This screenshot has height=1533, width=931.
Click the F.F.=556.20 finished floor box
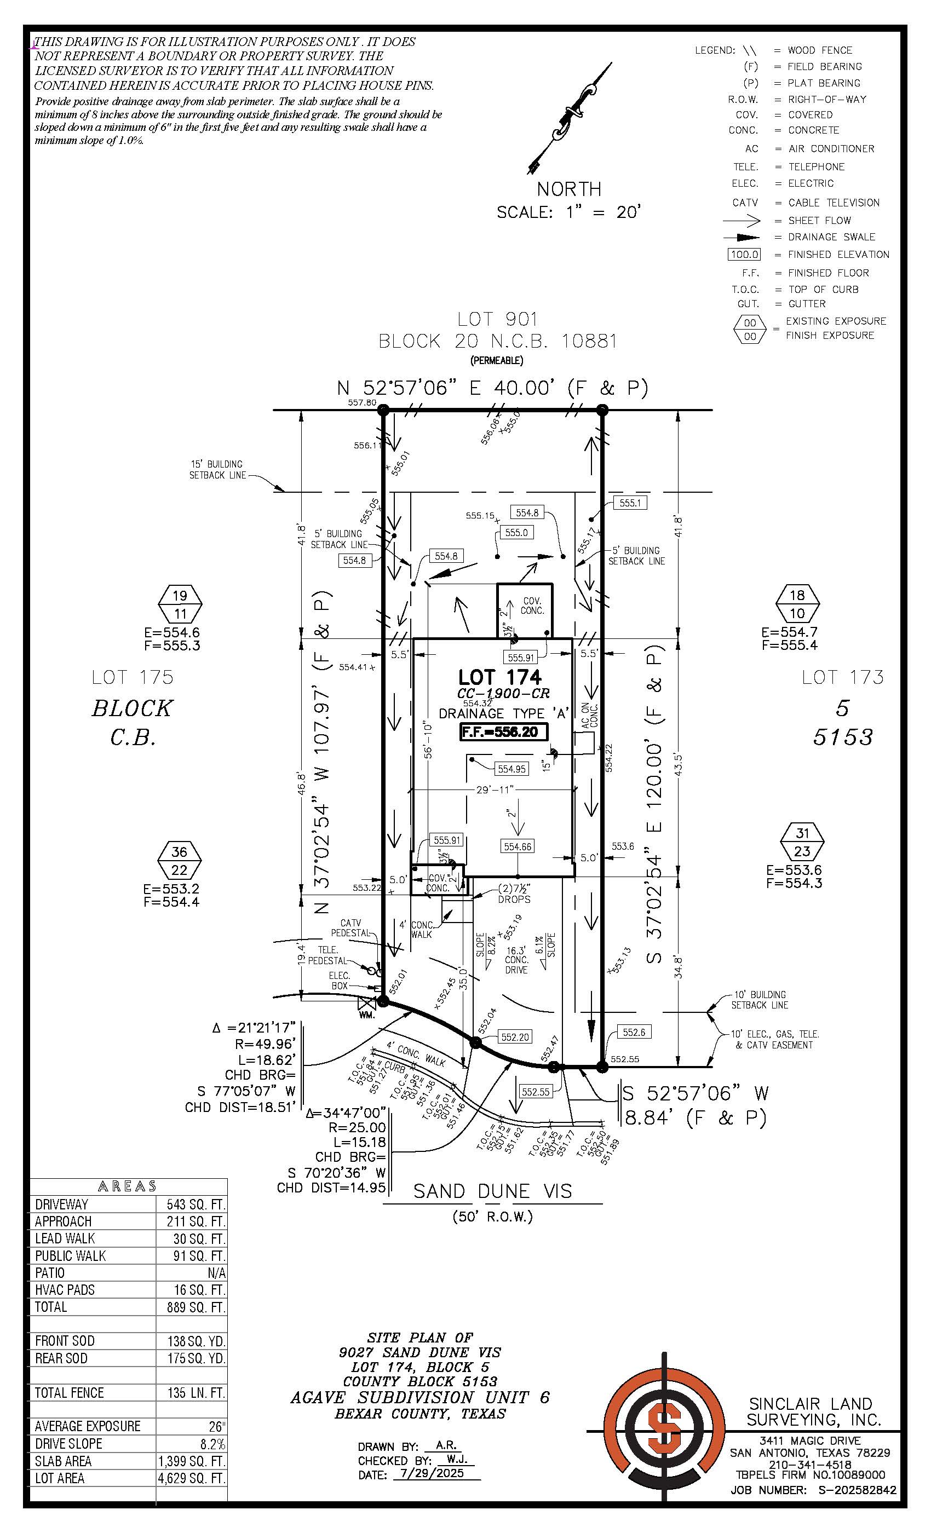click(x=503, y=731)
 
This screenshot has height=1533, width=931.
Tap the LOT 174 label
click(x=499, y=677)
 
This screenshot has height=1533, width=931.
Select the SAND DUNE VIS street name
click(x=492, y=1191)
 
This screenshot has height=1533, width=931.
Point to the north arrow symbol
click(x=569, y=119)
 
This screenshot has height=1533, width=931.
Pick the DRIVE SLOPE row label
click(x=68, y=1443)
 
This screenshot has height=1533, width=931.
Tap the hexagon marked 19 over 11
click(x=180, y=604)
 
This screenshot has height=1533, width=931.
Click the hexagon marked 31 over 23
click(x=802, y=842)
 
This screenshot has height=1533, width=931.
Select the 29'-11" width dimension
click(x=494, y=789)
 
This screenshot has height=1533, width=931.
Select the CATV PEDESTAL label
click(x=350, y=927)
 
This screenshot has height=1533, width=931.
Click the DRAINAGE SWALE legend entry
click(x=831, y=237)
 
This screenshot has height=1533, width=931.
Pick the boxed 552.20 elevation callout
click(x=515, y=1036)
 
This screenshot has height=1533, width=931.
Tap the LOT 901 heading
click(x=497, y=319)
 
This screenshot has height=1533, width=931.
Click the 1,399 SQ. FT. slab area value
click(x=192, y=1461)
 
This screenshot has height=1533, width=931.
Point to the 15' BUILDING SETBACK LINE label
click(x=216, y=470)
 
